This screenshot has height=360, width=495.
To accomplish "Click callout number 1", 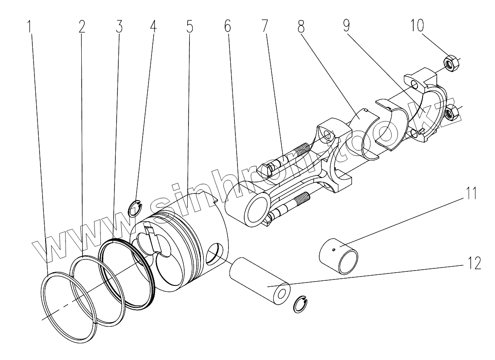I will (29, 27).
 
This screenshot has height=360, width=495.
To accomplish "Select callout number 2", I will (82, 27).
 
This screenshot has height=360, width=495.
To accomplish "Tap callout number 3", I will (119, 27).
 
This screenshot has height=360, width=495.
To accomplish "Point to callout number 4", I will (153, 27).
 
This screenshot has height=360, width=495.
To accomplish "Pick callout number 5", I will (189, 27).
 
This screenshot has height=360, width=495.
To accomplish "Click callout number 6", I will (227, 27).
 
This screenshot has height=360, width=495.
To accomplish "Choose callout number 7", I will (265, 27).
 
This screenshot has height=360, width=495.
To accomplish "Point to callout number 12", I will (474, 263).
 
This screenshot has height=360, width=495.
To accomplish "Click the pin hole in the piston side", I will (215, 255).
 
